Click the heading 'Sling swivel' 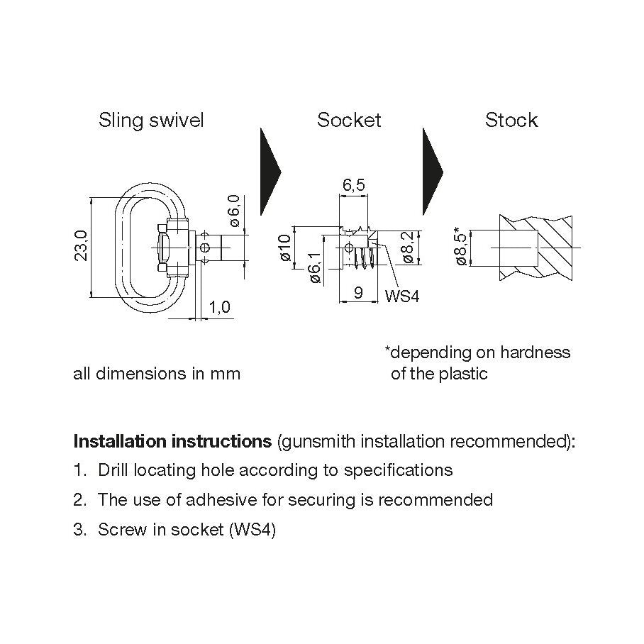(x=151, y=121)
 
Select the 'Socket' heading (x=349, y=121)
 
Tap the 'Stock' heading (x=511, y=121)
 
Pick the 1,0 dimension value (x=221, y=307)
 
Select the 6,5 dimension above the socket (x=354, y=185)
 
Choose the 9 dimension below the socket (x=359, y=292)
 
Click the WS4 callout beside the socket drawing (x=402, y=296)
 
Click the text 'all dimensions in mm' (x=157, y=373)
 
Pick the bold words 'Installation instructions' (x=172, y=441)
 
